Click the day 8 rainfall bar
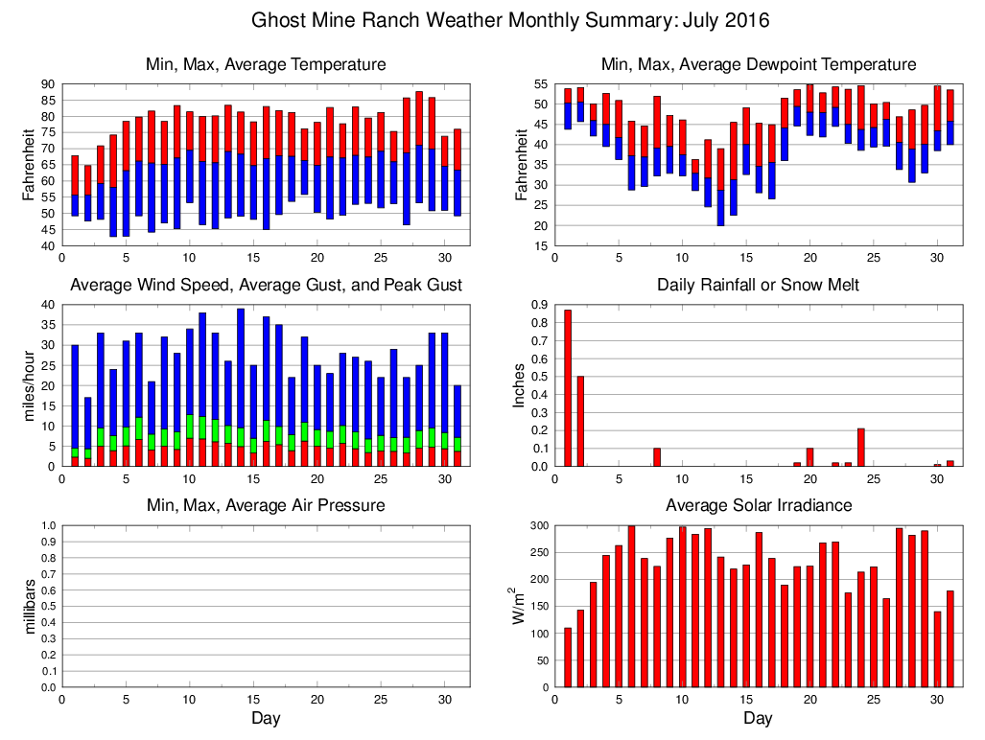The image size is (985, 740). point(657,457)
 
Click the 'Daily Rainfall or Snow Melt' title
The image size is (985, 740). point(758,286)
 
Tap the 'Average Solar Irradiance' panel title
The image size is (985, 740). point(758,505)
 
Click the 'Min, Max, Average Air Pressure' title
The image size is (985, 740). point(266,505)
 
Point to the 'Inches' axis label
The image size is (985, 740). point(520,385)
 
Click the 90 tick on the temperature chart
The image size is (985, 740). point(45,84)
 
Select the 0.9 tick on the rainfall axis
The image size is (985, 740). point(538,305)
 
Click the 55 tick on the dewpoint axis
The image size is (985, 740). point(537,84)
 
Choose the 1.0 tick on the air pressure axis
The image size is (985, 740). point(45,525)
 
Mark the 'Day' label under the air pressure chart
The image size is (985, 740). point(266,718)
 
